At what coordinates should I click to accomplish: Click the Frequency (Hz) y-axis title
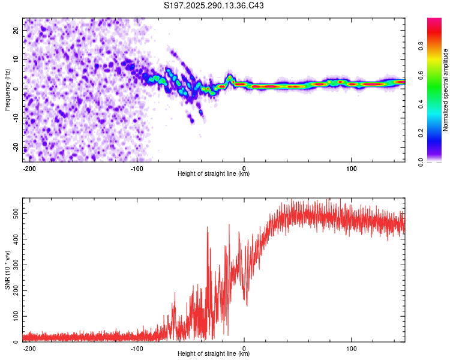[8, 89]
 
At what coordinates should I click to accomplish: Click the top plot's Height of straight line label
[214, 173]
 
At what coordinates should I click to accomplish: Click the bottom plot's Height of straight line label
[214, 353]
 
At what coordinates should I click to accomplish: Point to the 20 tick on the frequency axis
[16, 31]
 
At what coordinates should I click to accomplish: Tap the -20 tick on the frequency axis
[15, 148]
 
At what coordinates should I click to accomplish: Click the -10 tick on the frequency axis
[15, 118]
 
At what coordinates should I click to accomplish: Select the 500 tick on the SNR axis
[13, 214]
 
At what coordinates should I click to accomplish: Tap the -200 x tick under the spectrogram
[30, 168]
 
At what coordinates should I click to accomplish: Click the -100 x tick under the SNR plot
[137, 348]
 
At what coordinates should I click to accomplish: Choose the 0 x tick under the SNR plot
[244, 348]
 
